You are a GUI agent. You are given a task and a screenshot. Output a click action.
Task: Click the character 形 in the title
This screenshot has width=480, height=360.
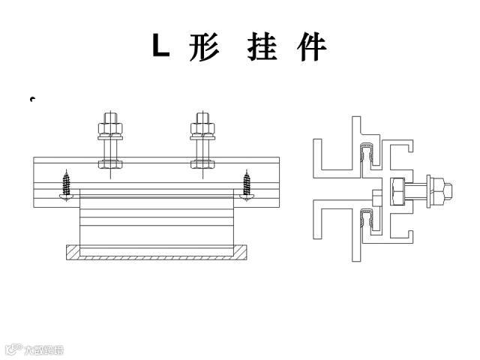[x=203, y=46]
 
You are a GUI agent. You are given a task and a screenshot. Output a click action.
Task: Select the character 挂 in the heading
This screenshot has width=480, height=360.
[x=263, y=46]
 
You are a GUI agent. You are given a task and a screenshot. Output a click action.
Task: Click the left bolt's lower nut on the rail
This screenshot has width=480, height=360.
[x=110, y=162]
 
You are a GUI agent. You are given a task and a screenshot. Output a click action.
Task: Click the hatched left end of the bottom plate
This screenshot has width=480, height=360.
[x=73, y=252]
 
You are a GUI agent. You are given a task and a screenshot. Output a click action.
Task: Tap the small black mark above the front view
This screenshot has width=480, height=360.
[x=32, y=99]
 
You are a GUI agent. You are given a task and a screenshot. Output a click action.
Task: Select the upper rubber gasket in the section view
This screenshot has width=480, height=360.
[x=367, y=154]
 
